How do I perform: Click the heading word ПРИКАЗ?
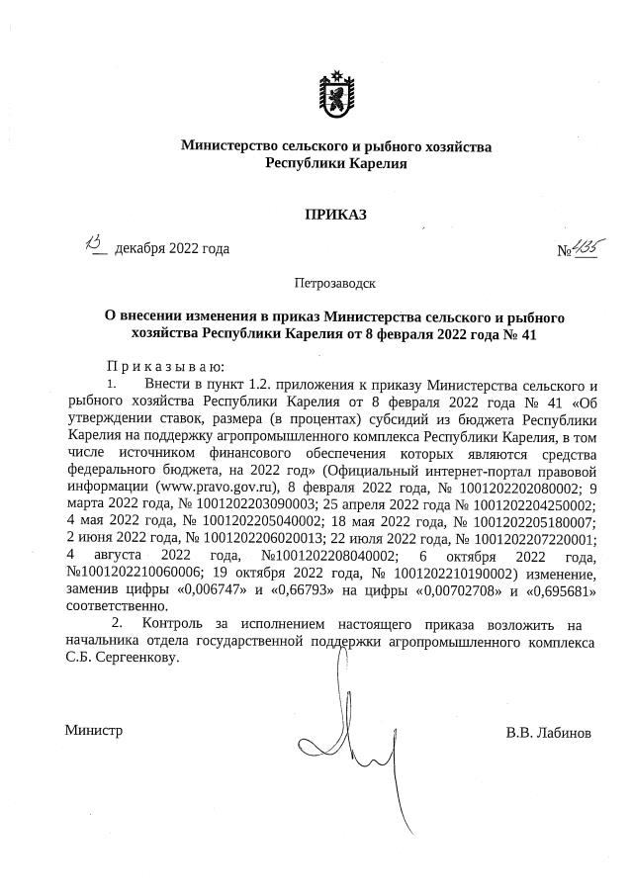(x=335, y=214)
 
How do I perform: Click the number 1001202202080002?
(x=488, y=488)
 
